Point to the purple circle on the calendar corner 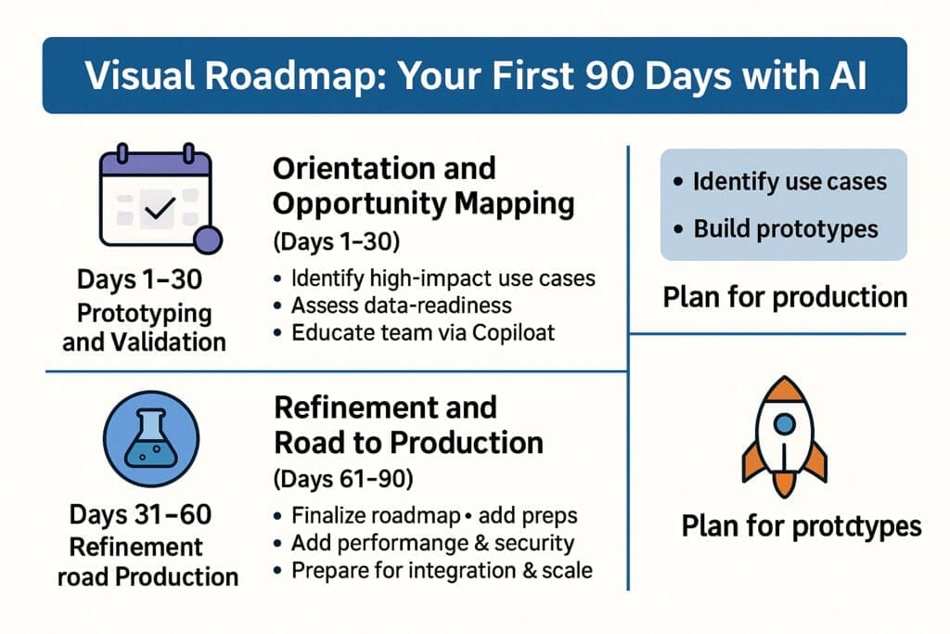tap(207, 239)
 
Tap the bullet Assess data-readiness tap(401, 304)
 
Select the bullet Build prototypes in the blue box tap(785, 227)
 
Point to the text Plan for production tap(785, 297)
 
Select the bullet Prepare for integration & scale tap(441, 569)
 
